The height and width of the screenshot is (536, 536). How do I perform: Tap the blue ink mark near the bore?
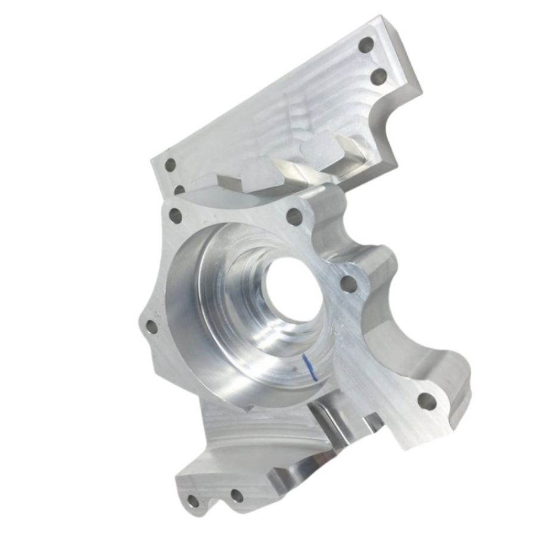(x=307, y=366)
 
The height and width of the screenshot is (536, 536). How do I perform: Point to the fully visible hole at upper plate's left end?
(x=170, y=165)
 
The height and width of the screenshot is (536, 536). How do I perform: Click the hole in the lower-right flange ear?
(x=426, y=401)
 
